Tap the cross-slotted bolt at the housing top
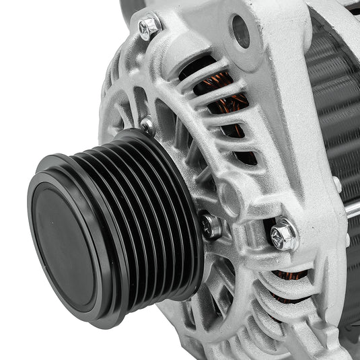tap(149, 27)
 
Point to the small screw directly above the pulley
tap(147, 124)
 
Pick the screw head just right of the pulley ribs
tap(211, 225)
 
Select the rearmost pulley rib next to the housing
tap(182, 202)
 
